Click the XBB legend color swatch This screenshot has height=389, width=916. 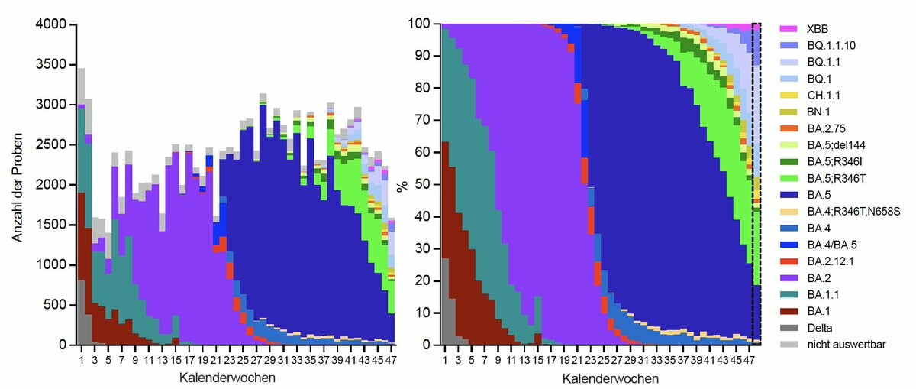tap(789, 28)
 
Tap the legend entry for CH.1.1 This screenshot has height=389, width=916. tap(824, 95)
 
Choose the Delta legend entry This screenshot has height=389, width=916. tap(821, 328)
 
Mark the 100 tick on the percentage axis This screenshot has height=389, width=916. tap(421, 24)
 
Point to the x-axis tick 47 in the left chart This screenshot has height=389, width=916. tap(391, 359)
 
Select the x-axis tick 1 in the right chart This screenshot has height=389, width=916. tap(445, 359)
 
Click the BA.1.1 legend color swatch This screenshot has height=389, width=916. tap(789, 295)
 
